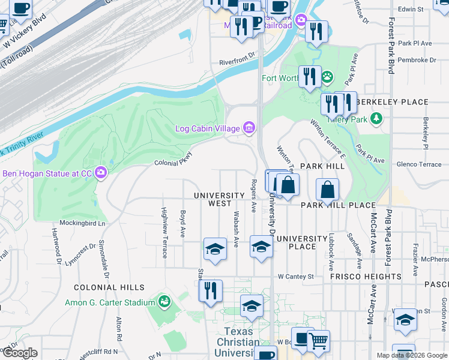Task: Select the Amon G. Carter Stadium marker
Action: point(163,301)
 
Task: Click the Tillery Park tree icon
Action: point(376,119)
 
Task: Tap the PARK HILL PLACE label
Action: point(338,205)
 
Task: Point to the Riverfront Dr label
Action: point(237,62)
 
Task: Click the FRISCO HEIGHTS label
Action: point(366,277)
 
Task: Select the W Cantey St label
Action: point(296,277)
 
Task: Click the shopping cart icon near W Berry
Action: point(318,341)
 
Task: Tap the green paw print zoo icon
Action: point(327,76)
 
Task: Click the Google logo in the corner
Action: point(20,353)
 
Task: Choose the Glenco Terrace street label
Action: point(419,164)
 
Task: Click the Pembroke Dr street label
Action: point(417,61)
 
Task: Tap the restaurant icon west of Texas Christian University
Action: point(211,291)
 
